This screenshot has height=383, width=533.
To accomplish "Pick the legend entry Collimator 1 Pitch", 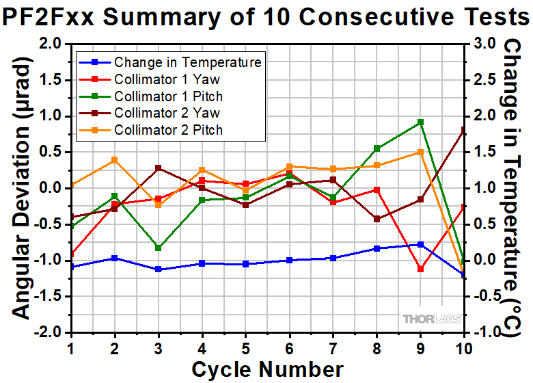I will pyautogui.click(x=168, y=96).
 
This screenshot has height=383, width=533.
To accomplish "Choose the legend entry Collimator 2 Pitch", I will pyautogui.click(x=168, y=130).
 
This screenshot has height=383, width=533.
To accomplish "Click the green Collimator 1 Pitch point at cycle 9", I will pyautogui.click(x=420, y=122).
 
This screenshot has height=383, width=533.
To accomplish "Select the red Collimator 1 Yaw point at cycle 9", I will pyautogui.click(x=420, y=269).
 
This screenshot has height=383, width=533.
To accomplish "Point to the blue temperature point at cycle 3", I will pyautogui.click(x=158, y=269).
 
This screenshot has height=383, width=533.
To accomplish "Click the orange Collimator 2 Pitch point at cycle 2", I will pyautogui.click(x=114, y=160).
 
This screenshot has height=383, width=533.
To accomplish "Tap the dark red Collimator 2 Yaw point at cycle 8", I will pyautogui.click(x=377, y=219).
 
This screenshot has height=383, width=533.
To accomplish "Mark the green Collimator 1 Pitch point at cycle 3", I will pyautogui.click(x=158, y=248).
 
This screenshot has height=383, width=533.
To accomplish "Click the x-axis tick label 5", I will pyautogui.click(x=245, y=348).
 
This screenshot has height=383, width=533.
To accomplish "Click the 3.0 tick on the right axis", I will pyautogui.click(x=478, y=44).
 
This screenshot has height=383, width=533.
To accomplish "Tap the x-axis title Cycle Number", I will pyautogui.click(x=267, y=369).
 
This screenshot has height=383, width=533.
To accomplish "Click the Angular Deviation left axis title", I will pyautogui.click(x=22, y=188).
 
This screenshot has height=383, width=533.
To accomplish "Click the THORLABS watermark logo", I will pyautogui.click(x=431, y=319).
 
